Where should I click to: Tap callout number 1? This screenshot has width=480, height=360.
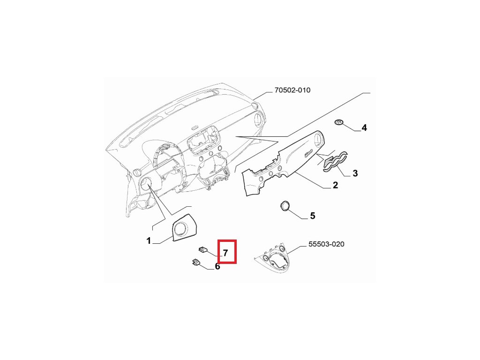coord(149,241)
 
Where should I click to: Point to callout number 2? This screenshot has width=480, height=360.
coord(335,186)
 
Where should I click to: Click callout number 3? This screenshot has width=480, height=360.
coord(355,173)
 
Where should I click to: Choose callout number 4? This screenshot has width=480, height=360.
coord(364,127)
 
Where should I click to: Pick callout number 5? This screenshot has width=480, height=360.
coord(312,216)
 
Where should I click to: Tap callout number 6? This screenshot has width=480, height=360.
coord(217,267)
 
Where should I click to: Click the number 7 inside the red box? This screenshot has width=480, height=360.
coord(225,253)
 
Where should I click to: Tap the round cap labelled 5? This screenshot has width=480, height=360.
coord(285,206)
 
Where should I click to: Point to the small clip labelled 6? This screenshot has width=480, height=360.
coord(195,263)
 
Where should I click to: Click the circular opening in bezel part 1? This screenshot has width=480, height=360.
coord(180,228)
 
